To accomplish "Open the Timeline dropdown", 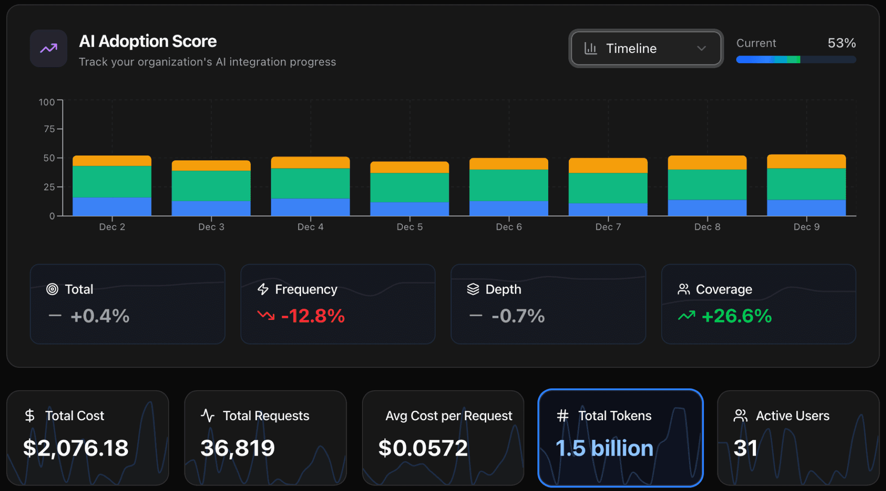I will tap(646, 48).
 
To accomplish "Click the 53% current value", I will tap(841, 43).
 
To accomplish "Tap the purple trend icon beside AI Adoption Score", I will tap(48, 48).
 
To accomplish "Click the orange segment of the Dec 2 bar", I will tap(112, 161).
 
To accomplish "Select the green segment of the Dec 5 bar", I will tap(409, 187).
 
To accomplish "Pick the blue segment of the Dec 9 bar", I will tap(806, 207).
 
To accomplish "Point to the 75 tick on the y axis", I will tap(49, 129).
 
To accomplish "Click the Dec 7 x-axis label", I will tap(608, 227).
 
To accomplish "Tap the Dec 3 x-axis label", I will tap(211, 227).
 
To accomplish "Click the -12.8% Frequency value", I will tap(313, 316).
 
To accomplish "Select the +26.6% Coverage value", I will tap(736, 316).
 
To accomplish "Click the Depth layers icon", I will tap(473, 289).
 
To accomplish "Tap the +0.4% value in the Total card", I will tap(100, 316).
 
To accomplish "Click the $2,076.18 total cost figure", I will tap(75, 448).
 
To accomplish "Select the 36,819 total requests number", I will tap(237, 448).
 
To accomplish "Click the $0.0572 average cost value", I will tap(423, 448).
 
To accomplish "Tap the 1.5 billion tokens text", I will tap(604, 448).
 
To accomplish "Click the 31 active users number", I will tap(745, 448).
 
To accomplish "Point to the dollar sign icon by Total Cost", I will tap(30, 416).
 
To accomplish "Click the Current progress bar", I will tap(796, 60).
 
